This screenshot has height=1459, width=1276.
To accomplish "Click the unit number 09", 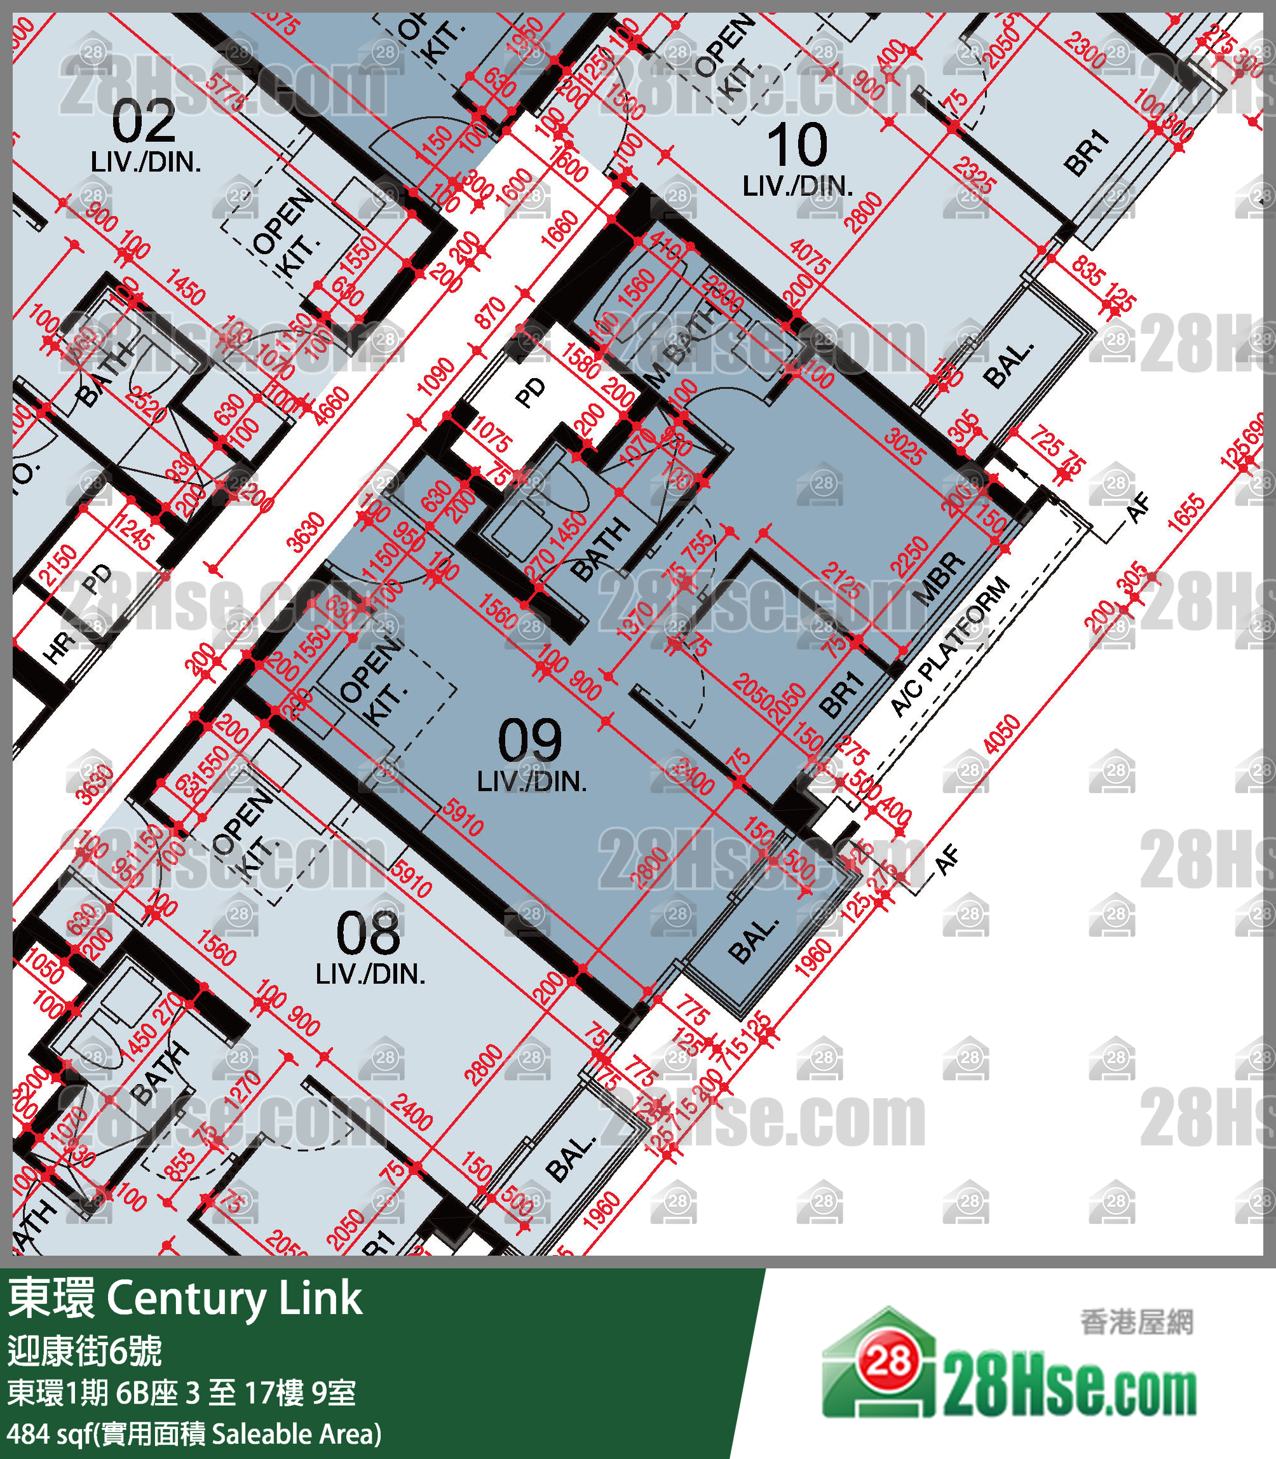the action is (530, 740).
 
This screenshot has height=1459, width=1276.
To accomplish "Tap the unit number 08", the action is (368, 933).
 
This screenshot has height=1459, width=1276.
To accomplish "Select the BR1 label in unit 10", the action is (1087, 153).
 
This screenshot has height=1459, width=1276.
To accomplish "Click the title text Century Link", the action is (234, 1298).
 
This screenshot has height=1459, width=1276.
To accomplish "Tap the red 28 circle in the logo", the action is (888, 1363).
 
